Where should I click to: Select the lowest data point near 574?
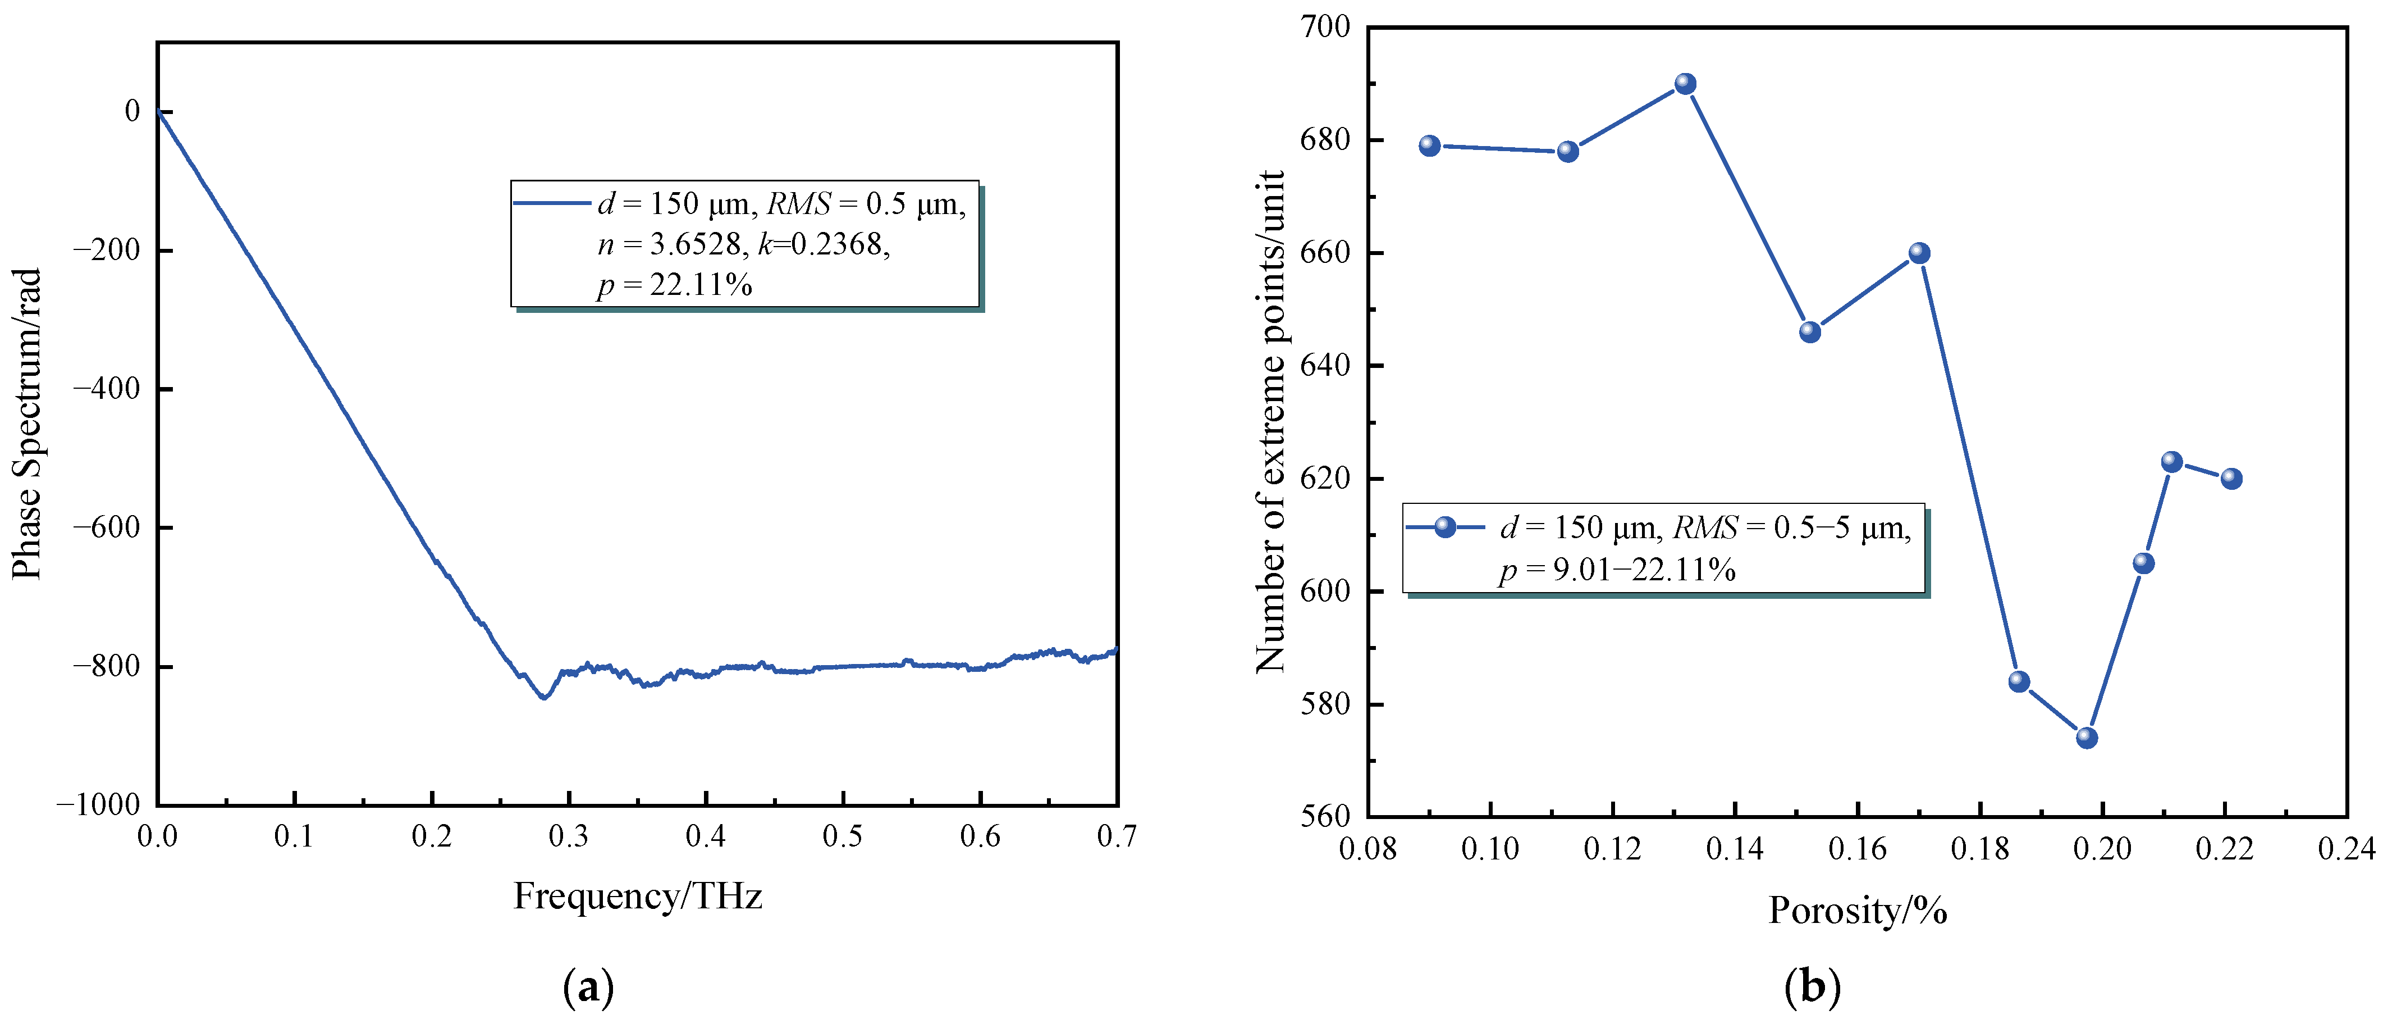[2087, 738]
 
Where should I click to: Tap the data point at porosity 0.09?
[1430, 145]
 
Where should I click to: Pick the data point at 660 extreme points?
[1919, 253]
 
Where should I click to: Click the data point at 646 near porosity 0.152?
[1810, 331]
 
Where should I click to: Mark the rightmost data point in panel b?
[2231, 479]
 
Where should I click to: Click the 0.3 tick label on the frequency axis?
[568, 836]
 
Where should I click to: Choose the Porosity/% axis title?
[1858, 911]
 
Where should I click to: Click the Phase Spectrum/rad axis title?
[28, 424]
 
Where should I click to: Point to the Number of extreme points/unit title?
[1271, 421]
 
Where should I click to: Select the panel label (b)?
[1812, 988]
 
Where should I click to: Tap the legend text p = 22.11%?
[674, 284]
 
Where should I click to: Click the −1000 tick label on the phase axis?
[99, 804]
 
